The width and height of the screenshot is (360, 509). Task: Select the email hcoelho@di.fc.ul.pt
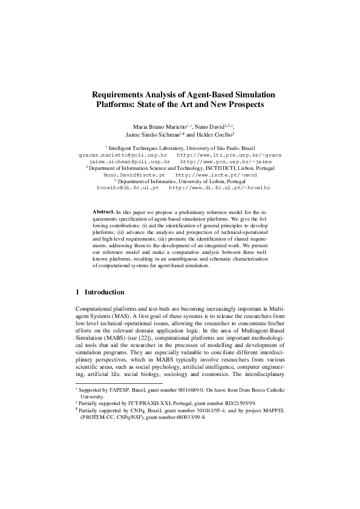click(128, 188)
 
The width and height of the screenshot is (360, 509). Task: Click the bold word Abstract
click(103, 213)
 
